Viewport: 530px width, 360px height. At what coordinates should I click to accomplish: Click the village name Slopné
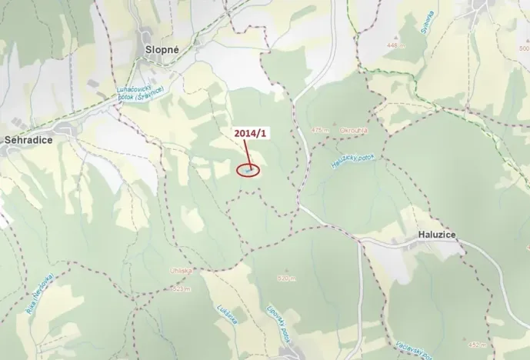[x=162, y=48]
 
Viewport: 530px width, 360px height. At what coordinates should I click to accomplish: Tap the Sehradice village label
[x=28, y=141]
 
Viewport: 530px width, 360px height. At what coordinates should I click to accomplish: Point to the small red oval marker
[x=248, y=170]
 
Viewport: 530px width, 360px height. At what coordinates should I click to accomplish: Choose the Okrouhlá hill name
[x=352, y=131]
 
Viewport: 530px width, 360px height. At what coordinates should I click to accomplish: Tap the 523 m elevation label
[x=182, y=288]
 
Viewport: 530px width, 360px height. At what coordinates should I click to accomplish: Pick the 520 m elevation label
[x=284, y=278]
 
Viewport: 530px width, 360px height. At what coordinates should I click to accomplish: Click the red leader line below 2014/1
[x=251, y=153]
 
